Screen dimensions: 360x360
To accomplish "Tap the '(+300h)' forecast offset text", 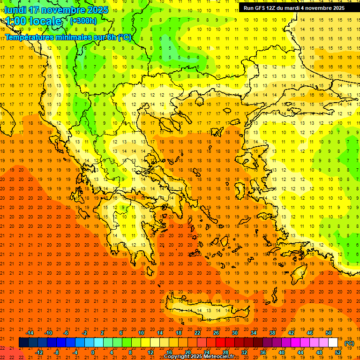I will click(83, 21).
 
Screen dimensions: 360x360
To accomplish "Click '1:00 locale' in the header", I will click(34, 21).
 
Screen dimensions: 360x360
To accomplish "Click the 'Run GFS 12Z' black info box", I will click(294, 8).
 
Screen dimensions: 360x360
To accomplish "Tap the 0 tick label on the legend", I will click(93, 352).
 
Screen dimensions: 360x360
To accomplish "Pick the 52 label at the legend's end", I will click(338, 352).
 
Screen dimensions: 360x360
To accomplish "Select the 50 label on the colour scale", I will click(328, 333).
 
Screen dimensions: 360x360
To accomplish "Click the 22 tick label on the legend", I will click(197, 333).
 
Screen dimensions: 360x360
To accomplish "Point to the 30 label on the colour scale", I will click(234, 333).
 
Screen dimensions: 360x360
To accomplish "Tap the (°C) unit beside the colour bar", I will click(349, 343).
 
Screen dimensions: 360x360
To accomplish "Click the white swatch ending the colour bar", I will click(333, 343).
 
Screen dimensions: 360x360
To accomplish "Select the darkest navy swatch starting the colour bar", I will click(23, 343).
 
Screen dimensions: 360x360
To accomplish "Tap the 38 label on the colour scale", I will click(272, 333).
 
